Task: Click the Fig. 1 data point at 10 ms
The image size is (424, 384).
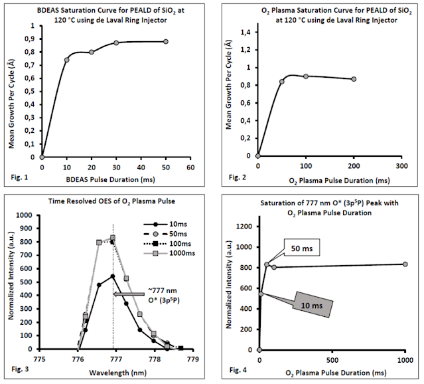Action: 66,60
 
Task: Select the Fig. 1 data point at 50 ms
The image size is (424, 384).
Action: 165,42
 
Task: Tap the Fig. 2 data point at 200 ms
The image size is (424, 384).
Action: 354,79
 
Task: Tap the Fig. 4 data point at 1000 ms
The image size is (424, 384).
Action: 405,264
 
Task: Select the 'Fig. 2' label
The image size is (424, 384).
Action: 238,177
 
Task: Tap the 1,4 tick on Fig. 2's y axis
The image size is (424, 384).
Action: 246,32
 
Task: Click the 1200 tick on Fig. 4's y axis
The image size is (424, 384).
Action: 243,226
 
